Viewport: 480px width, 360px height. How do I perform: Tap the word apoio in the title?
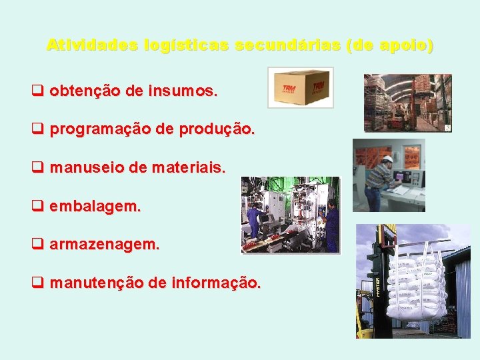click(402, 45)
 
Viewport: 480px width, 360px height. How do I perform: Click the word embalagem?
click(95, 207)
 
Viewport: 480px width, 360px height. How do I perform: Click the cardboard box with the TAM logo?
click(301, 87)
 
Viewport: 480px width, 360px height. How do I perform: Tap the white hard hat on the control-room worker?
click(387, 159)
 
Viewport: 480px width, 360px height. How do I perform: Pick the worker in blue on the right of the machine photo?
click(331, 223)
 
